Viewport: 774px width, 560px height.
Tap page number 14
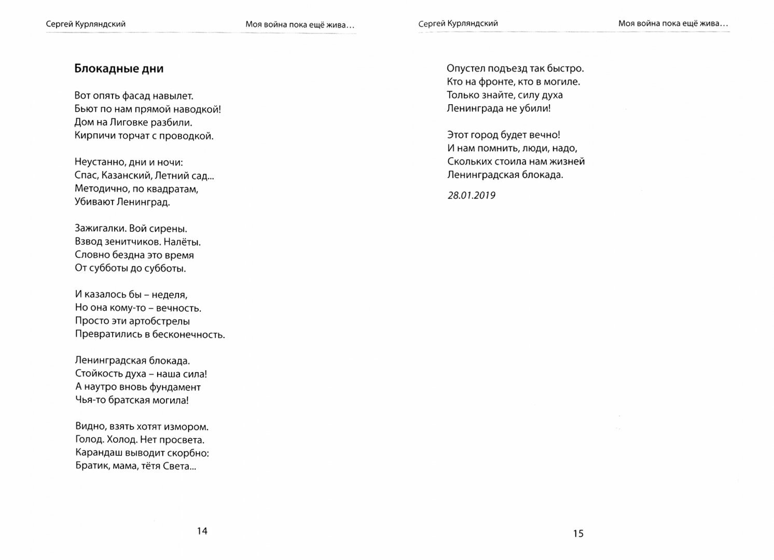click(x=202, y=530)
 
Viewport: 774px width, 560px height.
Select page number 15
click(x=578, y=533)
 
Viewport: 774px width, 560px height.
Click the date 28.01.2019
click(x=471, y=195)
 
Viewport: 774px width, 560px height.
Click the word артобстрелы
click(x=159, y=321)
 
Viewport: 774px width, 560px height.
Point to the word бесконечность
click(x=189, y=334)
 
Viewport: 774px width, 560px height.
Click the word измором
click(x=185, y=427)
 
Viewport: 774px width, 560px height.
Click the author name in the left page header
click(x=85, y=24)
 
